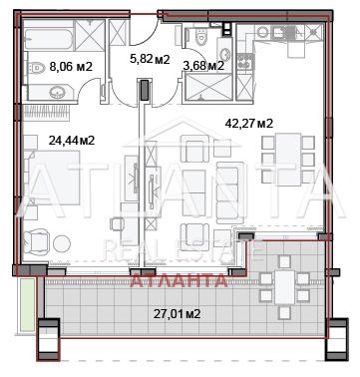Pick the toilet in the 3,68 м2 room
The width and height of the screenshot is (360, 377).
pos(202,39)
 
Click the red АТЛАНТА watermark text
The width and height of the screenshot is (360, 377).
pos(179,280)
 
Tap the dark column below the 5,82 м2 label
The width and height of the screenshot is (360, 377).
pos(148,90)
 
